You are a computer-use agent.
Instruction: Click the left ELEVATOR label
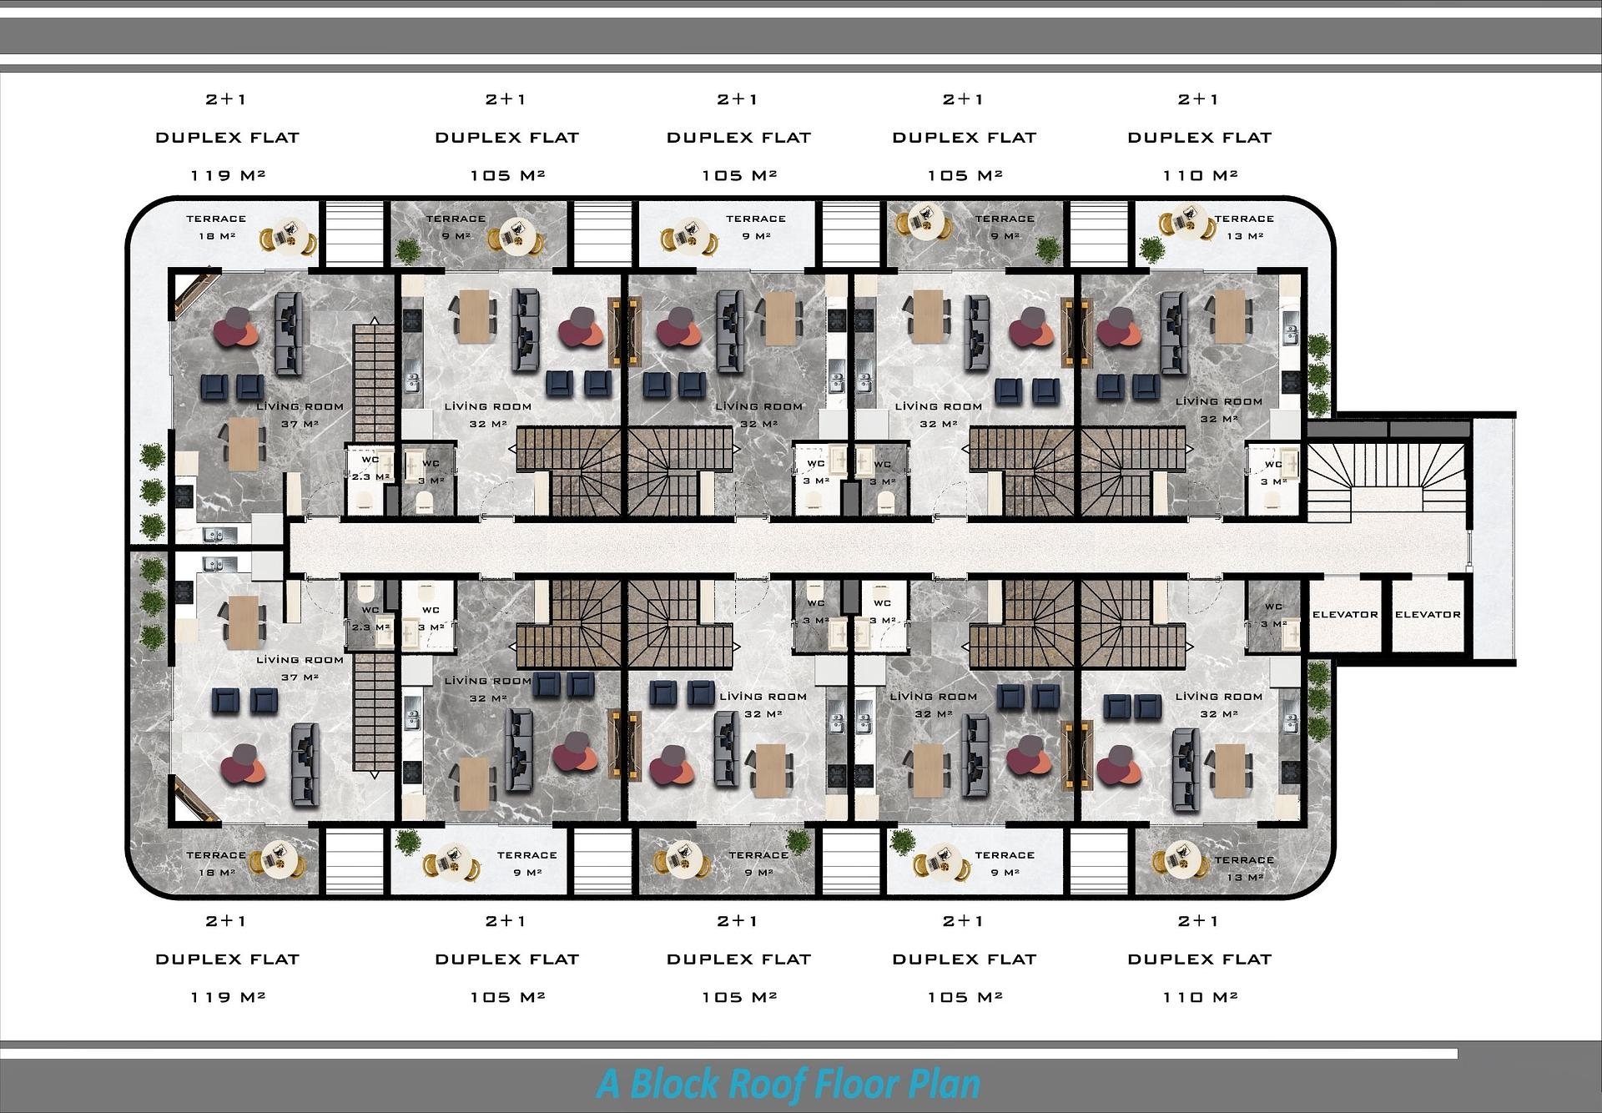1345,614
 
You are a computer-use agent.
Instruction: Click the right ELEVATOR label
1428,614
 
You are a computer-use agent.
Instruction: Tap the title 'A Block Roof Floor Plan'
788,1085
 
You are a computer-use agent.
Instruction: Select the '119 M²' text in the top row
228,175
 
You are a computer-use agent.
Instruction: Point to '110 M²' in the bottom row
1200,997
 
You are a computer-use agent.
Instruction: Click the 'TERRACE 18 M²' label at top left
216,227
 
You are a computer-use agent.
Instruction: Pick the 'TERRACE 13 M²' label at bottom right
1244,869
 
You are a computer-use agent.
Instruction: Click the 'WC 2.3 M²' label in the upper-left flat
370,468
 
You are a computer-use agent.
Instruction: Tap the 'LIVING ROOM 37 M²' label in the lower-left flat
300,668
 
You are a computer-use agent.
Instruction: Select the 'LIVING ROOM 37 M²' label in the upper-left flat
300,415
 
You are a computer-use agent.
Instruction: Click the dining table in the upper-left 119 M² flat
244,443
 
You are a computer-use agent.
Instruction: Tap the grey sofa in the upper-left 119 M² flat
289,334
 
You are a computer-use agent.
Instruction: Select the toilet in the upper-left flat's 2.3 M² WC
364,500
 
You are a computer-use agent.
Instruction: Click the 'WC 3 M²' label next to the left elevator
1272,616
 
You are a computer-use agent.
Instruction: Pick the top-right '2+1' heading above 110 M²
1199,99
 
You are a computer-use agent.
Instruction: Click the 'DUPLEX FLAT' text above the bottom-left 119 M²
228,959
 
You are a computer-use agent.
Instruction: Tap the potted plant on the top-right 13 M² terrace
1151,249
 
